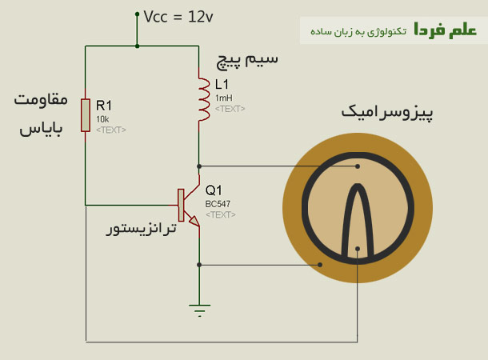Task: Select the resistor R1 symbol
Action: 84,114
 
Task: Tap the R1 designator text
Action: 105,105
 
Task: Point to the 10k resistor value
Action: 102,118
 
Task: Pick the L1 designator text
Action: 222,84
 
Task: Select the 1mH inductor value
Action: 223,98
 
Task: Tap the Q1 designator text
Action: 214,190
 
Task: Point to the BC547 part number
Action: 218,204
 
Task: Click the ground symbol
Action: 199,307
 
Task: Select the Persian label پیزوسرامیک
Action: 387,112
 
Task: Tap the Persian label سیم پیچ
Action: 248,60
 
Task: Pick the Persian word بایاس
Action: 41,128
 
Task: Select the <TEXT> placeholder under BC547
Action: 220,214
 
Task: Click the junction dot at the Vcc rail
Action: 138,46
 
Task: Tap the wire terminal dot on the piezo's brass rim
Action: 320,264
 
